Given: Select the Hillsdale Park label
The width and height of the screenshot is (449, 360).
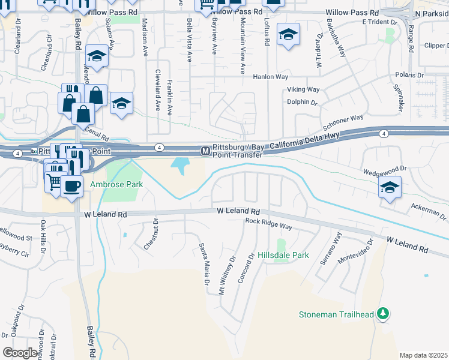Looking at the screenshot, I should pyautogui.click(x=283, y=255).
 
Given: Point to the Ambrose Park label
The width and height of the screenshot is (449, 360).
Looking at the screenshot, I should pyautogui.click(x=116, y=185).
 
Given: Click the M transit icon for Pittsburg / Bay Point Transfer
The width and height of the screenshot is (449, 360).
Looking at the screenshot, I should pyautogui.click(x=205, y=150).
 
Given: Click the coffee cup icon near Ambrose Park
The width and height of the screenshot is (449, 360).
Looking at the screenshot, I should pyautogui.click(x=71, y=185).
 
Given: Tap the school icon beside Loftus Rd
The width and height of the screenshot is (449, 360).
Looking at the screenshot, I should pyautogui.click(x=289, y=35).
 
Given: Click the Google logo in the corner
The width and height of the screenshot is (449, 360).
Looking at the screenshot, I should pyautogui.click(x=20, y=352).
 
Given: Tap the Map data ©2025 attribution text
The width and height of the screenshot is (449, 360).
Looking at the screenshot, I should pyautogui.click(x=424, y=355).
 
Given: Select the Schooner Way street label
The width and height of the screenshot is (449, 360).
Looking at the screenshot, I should pyautogui.click(x=343, y=123).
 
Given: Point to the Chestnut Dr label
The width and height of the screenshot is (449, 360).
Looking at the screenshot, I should pyautogui.click(x=151, y=234).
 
